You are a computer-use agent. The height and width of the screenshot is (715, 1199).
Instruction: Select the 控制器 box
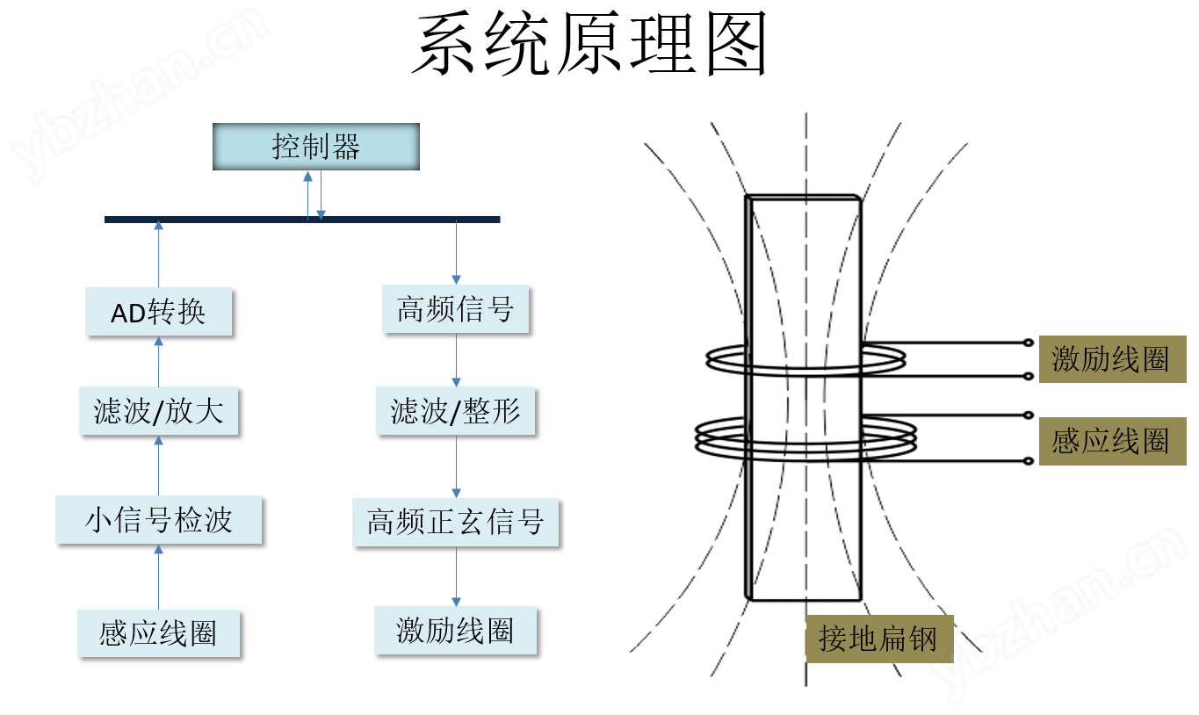pos(316,147)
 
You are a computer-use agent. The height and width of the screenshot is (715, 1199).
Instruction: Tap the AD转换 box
pos(158,312)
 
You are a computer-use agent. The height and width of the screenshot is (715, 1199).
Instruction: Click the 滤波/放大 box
pos(158,411)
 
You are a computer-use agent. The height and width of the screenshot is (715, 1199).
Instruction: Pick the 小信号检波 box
pos(158,520)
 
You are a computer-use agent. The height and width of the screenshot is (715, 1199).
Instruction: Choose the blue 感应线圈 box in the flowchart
pos(158,633)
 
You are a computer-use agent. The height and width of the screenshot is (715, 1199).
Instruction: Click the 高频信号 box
pos(456,309)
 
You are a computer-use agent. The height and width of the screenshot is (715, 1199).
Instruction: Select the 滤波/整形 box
pos(456,411)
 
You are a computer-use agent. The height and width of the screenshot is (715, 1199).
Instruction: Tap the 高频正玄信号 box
pos(456,522)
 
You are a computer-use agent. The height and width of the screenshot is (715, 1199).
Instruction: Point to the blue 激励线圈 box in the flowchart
pos(456,631)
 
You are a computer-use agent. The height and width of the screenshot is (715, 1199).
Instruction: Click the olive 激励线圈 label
pos(1112,359)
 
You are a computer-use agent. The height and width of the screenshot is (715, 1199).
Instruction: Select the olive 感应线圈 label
pos(1112,441)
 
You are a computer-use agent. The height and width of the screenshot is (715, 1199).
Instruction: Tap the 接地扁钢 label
pos(879,639)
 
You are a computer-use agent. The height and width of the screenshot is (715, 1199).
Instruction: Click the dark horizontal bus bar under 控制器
pos(302,220)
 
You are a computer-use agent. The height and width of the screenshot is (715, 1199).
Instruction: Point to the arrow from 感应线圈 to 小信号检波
pos(158,577)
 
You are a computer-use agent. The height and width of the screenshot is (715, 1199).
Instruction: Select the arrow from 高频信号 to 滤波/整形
pos(456,360)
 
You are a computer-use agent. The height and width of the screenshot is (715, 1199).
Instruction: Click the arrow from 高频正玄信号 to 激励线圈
pos(456,576)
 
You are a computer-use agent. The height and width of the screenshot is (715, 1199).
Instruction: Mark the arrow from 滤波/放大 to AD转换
pos(158,361)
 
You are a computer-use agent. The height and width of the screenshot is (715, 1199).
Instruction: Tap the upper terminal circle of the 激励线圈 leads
pos(1029,343)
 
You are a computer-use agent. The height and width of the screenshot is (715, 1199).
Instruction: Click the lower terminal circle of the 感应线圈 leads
pos(1029,461)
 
